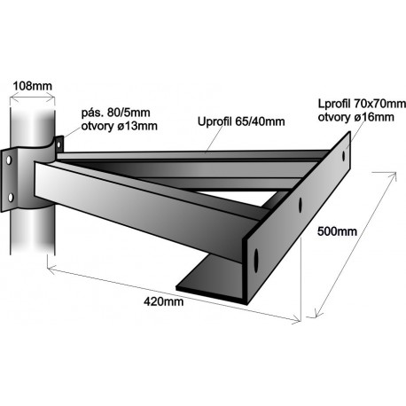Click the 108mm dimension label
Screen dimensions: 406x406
[33, 86]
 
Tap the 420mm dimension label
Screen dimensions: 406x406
[163, 301]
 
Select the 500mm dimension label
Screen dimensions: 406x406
[337, 231]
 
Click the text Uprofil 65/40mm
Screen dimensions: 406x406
[241, 121]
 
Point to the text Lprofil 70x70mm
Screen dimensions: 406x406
[362, 104]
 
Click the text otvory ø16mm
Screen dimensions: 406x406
[356, 117]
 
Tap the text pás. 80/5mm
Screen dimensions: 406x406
[115, 113]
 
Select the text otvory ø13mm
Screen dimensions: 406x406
[119, 126]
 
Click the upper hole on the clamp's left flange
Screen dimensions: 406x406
[9, 160]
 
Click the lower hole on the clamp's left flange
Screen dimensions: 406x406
[11, 197]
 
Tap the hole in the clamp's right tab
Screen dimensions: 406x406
[59, 144]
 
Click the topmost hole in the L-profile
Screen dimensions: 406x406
[344, 156]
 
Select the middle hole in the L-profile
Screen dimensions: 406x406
[301, 204]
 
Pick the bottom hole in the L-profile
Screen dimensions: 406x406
[256, 260]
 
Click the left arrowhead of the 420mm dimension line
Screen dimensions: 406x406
[51, 269]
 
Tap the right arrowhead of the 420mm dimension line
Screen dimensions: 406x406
[297, 320]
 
